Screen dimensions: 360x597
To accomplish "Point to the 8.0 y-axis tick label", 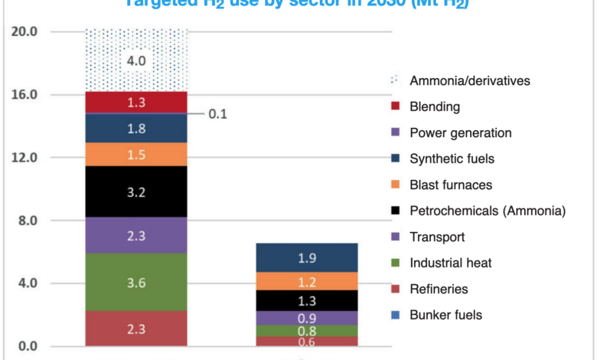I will tap(28, 221).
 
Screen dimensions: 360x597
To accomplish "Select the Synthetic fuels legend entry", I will tap(452, 159).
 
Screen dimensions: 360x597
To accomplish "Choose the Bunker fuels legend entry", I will tap(446, 315).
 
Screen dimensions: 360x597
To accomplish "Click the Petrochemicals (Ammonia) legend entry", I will tap(487, 211).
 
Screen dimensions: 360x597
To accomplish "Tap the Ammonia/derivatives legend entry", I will tap(469, 80).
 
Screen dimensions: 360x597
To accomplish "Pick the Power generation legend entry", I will tap(460, 133).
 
